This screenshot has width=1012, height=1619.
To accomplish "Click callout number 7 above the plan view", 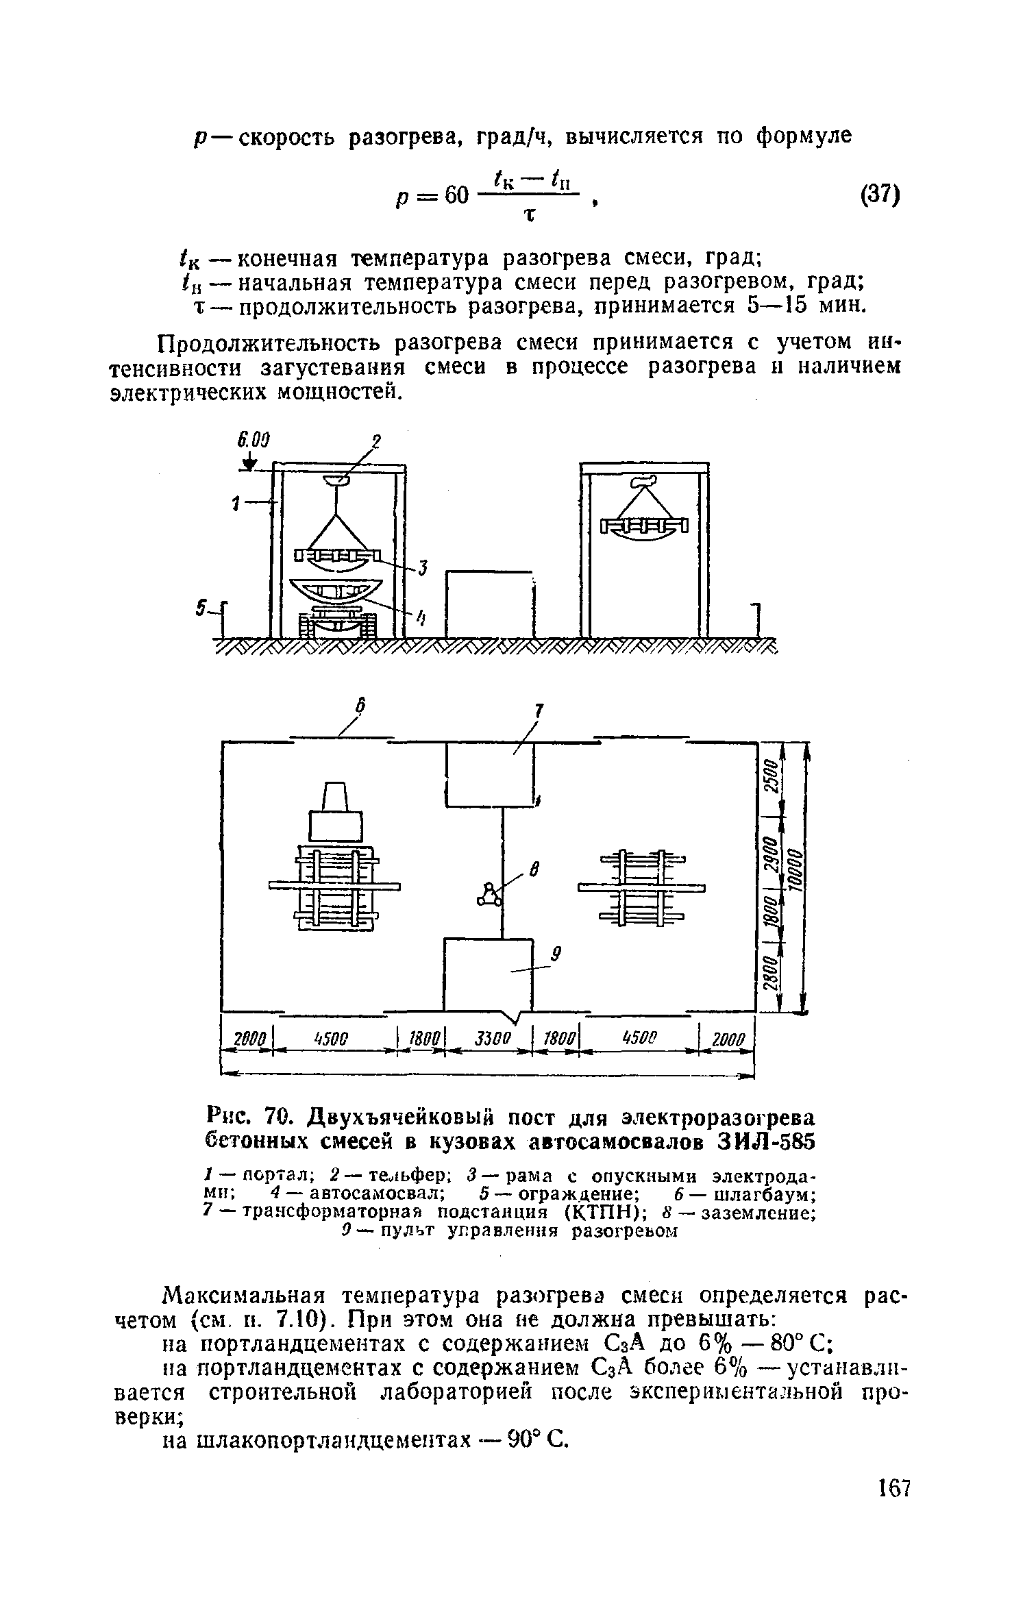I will [x=539, y=713].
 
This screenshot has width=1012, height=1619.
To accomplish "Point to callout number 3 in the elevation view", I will [x=423, y=568].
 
